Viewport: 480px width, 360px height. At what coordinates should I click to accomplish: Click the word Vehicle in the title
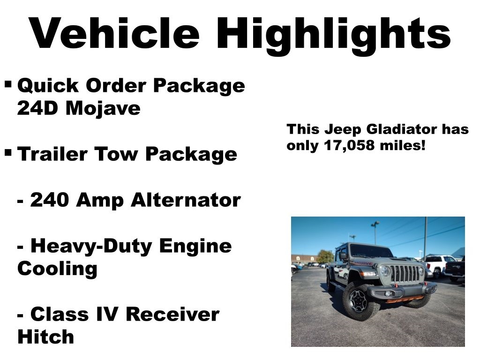pos(115,33)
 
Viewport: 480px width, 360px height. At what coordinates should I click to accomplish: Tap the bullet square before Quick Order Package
pos(8,85)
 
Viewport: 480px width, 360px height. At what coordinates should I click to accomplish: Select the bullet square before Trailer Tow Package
pos(8,152)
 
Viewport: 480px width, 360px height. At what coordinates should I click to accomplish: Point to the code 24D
pos(38,109)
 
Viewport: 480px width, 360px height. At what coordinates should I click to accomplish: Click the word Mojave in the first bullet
pos(103,109)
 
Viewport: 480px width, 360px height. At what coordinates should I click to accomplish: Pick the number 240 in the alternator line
pos(50,200)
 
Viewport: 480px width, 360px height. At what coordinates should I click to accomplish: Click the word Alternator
pos(186,200)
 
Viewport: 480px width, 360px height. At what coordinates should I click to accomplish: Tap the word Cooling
pos(57,269)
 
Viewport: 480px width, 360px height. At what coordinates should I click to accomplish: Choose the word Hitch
pos(45,337)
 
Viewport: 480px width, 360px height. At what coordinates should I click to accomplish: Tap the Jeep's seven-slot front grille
pos(405,274)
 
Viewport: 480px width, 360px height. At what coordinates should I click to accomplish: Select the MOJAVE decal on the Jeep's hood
pos(364,263)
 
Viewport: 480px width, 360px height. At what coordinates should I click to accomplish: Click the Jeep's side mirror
pos(343,256)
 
